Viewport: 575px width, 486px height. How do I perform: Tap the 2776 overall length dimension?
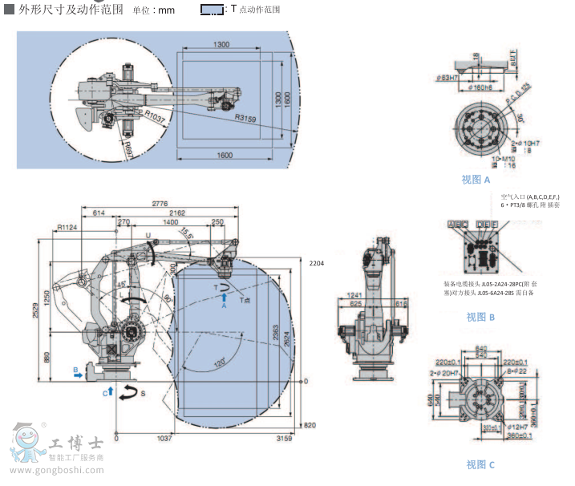click(160, 204)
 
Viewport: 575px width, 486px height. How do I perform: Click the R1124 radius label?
click(67, 228)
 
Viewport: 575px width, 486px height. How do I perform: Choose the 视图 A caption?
click(476, 180)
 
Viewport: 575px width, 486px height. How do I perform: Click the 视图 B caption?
click(481, 316)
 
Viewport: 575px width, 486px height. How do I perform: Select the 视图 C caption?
click(480, 464)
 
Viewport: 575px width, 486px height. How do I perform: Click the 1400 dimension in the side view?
click(171, 221)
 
